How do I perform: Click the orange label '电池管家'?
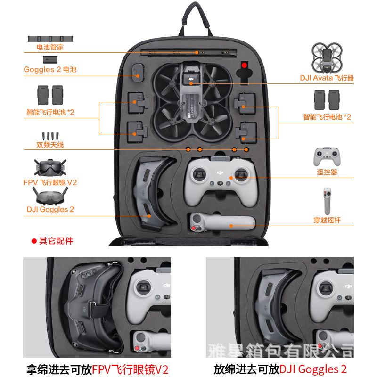pyautogui.click(x=50, y=47)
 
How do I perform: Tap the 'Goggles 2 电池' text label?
pyautogui.click(x=50, y=69)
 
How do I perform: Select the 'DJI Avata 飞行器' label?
pyautogui.click(x=327, y=78)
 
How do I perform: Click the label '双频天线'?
pyautogui.click(x=50, y=145)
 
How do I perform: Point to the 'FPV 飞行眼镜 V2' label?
pyautogui.click(x=50, y=182)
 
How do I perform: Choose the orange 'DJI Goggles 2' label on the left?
pyautogui.click(x=50, y=209)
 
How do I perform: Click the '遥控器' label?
pyautogui.click(x=327, y=172)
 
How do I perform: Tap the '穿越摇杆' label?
pyautogui.click(x=327, y=220)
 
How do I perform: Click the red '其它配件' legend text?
pyautogui.click(x=56, y=241)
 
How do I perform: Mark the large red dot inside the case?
pyautogui.click(x=244, y=65)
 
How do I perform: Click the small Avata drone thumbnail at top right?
pyautogui.click(x=327, y=58)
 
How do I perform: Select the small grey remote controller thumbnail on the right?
pyautogui.click(x=327, y=157)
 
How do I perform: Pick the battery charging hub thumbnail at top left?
pyautogui.click(x=50, y=39)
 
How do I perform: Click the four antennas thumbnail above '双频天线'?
pyautogui.click(x=50, y=136)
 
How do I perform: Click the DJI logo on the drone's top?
pyautogui.click(x=191, y=79)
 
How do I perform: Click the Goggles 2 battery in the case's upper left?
pyautogui.click(x=138, y=73)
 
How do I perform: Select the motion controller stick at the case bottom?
pyautogui.click(x=222, y=222)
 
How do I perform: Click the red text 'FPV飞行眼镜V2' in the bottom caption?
pyautogui.click(x=130, y=369)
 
